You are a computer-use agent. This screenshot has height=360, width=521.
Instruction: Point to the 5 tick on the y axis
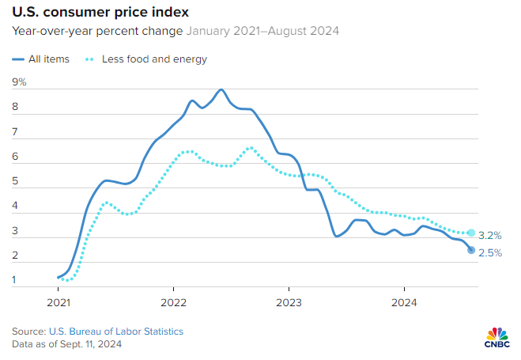point(15,181)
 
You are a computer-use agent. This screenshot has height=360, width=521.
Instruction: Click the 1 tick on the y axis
point(15,279)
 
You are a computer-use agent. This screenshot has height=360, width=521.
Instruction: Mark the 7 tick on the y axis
point(15,132)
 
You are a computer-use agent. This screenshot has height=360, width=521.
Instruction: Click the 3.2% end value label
point(490,234)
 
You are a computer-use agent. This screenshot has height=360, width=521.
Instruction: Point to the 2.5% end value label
point(490,252)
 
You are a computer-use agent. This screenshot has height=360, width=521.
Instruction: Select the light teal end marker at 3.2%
point(471,233)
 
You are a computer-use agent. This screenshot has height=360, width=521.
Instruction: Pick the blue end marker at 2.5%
point(471,250)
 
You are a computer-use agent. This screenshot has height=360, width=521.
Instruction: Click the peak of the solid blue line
point(221,89)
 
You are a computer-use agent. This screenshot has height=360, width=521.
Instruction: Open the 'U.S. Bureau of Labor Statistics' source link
point(115,331)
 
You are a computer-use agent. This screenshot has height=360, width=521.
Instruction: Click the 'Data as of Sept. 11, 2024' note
point(66,344)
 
